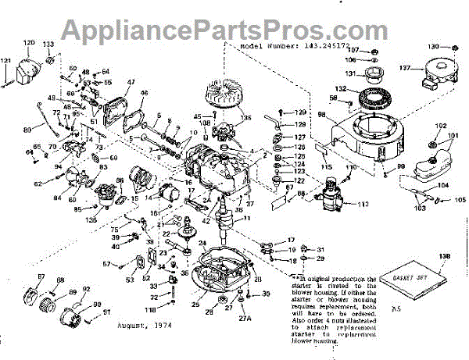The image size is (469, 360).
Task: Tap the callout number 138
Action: point(446,257)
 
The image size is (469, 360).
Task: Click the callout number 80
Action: point(29,128)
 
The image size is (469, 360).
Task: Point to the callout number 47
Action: point(131,81)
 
